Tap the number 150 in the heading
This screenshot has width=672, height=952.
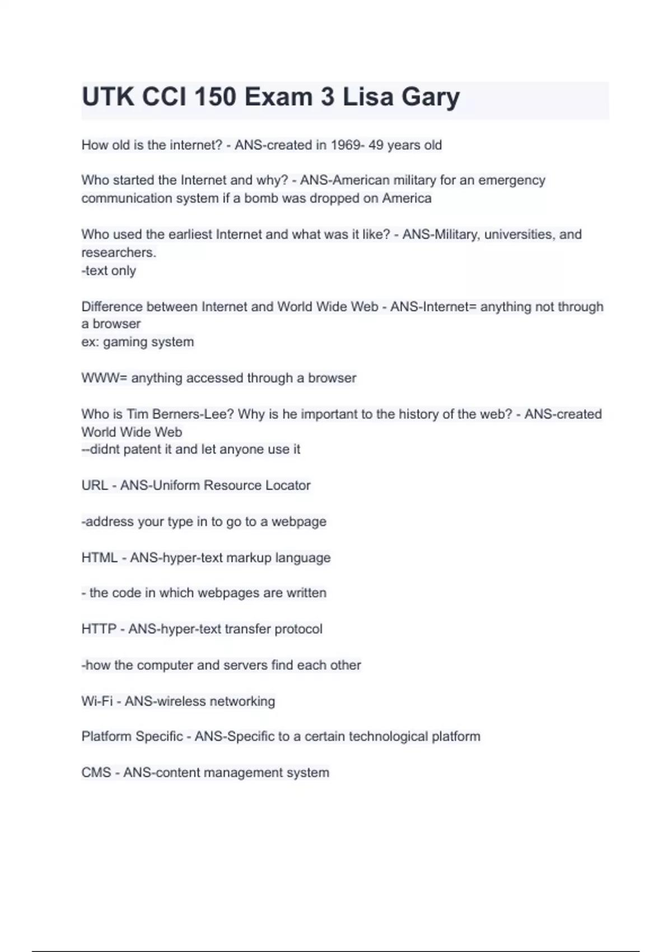pos(215,97)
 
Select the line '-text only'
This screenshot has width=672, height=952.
pos(109,270)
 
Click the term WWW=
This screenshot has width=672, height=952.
pos(104,378)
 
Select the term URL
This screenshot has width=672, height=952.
pos(95,485)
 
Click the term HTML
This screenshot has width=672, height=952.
pos(100,558)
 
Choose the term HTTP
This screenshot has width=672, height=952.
pos(99,629)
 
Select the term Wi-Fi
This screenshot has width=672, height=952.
pos(97,701)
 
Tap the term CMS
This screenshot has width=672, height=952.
pos(96,773)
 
